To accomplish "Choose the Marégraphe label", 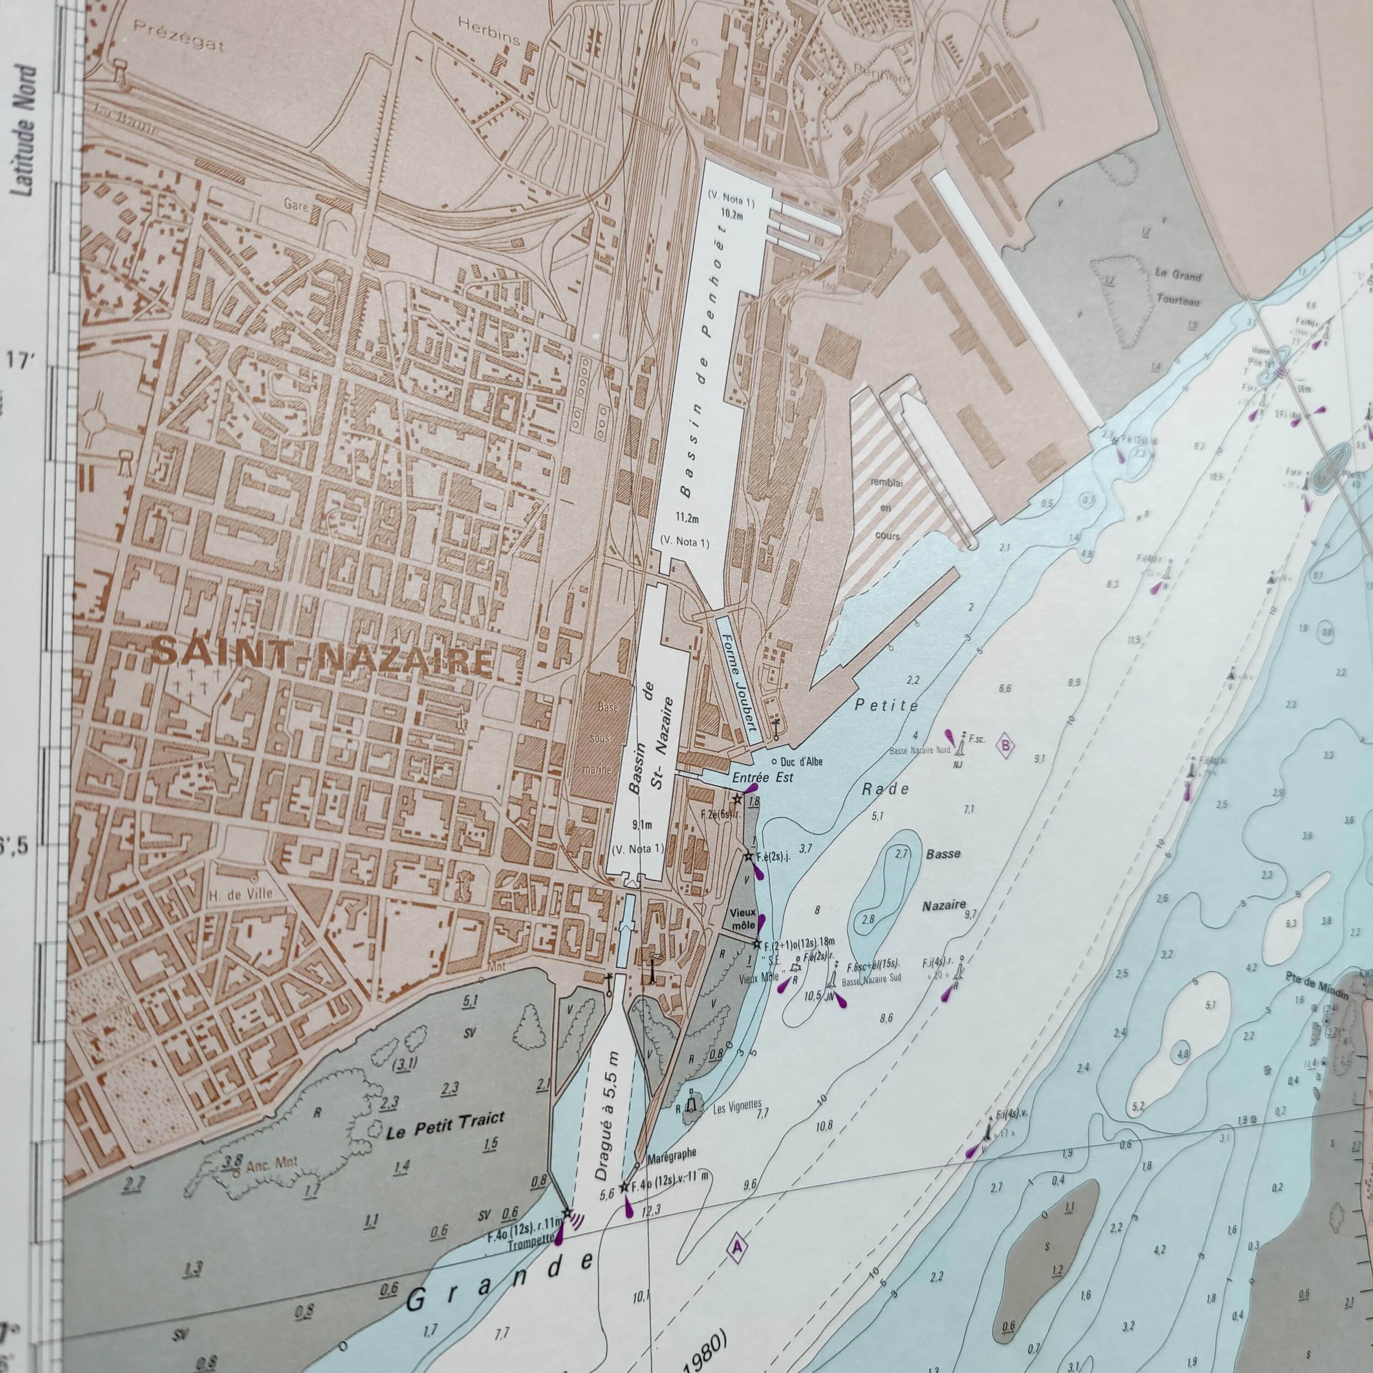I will click(671, 1173).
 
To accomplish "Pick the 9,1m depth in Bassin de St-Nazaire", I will click(641, 825).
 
